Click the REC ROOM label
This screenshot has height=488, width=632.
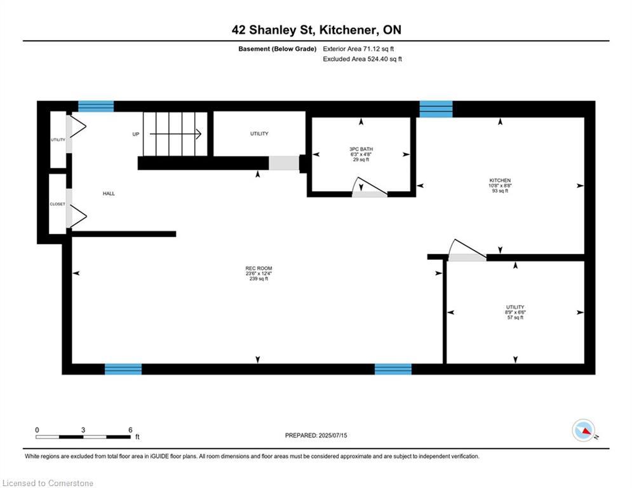tap(259, 268)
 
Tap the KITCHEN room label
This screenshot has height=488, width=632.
tap(500, 180)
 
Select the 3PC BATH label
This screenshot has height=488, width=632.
tap(361, 149)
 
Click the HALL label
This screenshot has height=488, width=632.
tap(109, 194)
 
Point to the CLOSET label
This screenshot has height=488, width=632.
tap(57, 204)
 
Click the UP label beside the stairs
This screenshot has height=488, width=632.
tap(136, 134)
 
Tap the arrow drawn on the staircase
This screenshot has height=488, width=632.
tap(175, 134)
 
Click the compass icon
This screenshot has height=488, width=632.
tap(584, 430)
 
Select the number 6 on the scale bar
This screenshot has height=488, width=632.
tap(130, 430)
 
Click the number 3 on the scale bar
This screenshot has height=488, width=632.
tap(83, 430)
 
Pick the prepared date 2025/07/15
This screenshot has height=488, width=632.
tap(333, 435)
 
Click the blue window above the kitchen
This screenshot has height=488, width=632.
tap(436, 109)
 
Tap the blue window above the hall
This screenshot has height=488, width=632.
tap(95, 106)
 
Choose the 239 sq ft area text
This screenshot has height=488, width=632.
tap(259, 279)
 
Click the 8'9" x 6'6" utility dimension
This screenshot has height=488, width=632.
tap(515, 312)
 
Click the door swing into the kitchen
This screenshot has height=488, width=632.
tap(467, 248)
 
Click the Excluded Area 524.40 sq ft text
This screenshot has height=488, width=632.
tap(362, 59)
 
